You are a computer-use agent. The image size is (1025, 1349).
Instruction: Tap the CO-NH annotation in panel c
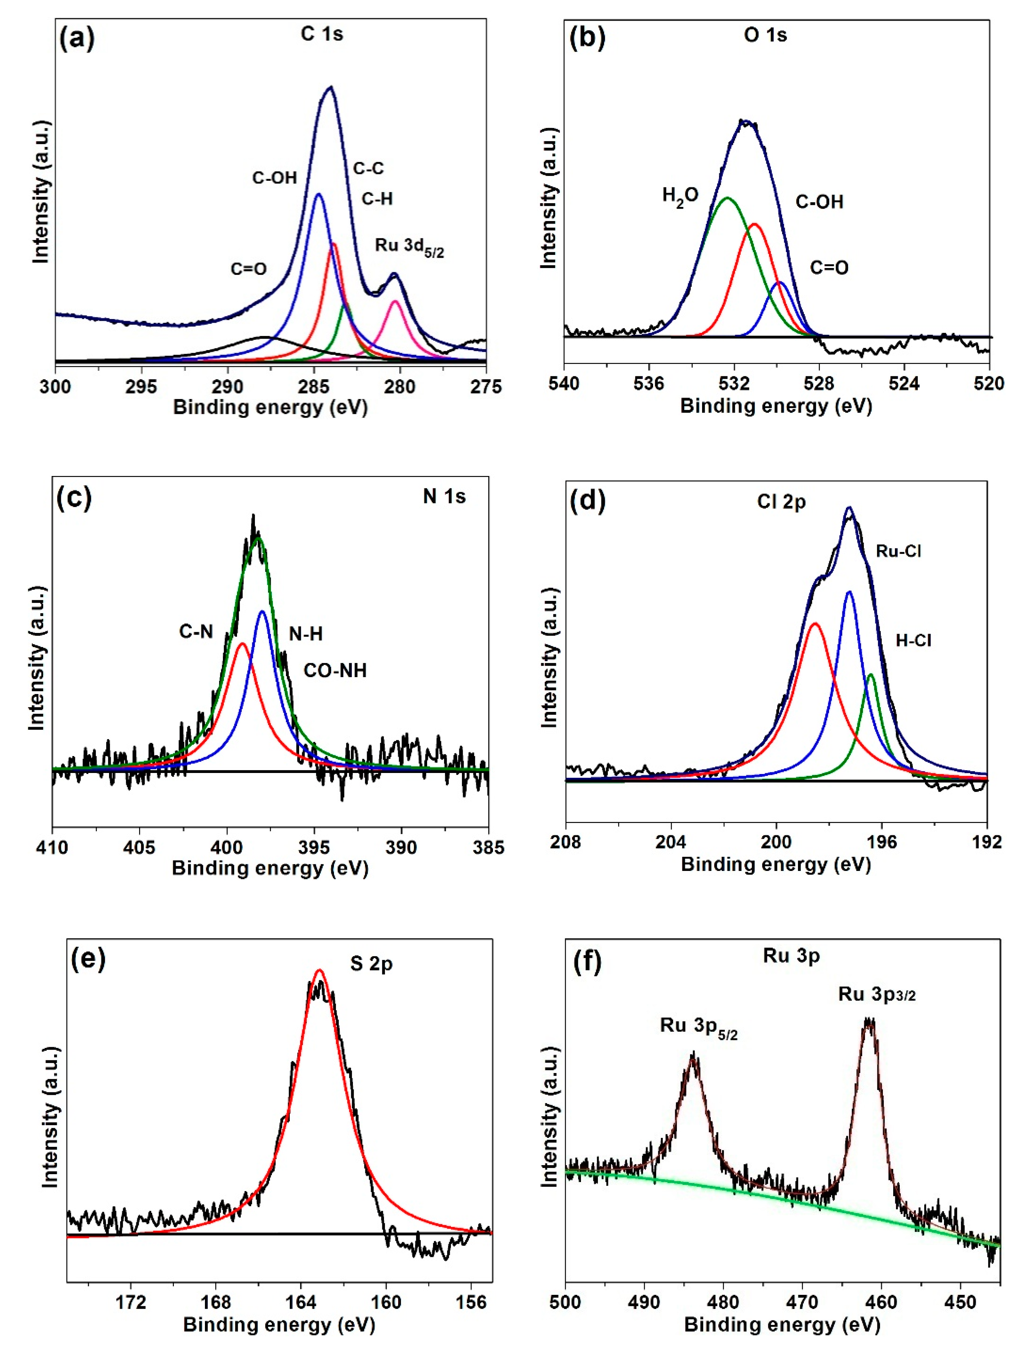point(335,670)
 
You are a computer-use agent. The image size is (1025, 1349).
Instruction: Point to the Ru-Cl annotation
point(898,551)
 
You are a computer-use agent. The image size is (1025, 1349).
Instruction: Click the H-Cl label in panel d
point(913,640)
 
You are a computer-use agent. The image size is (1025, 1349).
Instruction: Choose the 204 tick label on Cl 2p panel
point(671,842)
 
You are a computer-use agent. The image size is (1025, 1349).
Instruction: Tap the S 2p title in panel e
point(371,964)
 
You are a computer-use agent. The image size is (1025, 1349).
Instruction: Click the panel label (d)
point(587,501)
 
